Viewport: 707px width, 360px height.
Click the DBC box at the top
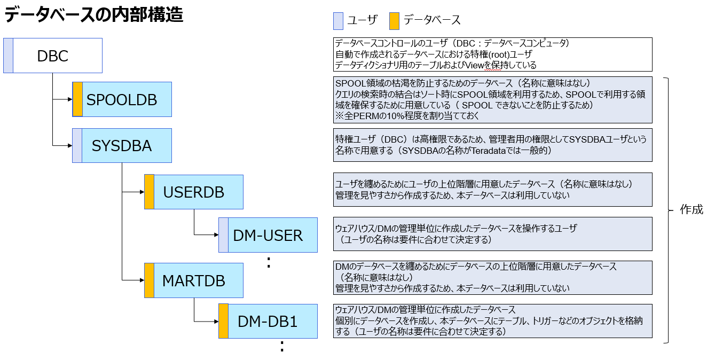click(x=53, y=56)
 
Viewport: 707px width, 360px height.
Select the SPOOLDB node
click(x=122, y=99)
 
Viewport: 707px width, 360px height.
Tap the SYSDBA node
click(x=122, y=145)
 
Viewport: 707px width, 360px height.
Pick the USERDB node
click(x=193, y=192)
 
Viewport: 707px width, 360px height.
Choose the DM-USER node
click(x=268, y=235)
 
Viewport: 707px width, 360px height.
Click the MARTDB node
click(x=193, y=280)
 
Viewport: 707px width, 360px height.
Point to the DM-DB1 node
click(x=268, y=321)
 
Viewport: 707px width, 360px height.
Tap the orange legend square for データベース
click(x=394, y=20)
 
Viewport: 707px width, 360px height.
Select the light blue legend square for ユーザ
click(x=337, y=20)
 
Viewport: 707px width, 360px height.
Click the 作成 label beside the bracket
click(x=691, y=210)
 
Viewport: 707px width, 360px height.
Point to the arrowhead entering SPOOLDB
click(x=69, y=99)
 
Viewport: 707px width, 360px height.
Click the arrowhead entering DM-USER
click(x=216, y=235)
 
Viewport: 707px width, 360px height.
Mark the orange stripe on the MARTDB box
click(x=149, y=280)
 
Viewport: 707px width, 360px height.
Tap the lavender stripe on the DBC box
click(x=8, y=56)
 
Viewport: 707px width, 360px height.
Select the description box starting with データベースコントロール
click(x=492, y=54)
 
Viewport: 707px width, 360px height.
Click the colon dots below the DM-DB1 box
click(x=281, y=347)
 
